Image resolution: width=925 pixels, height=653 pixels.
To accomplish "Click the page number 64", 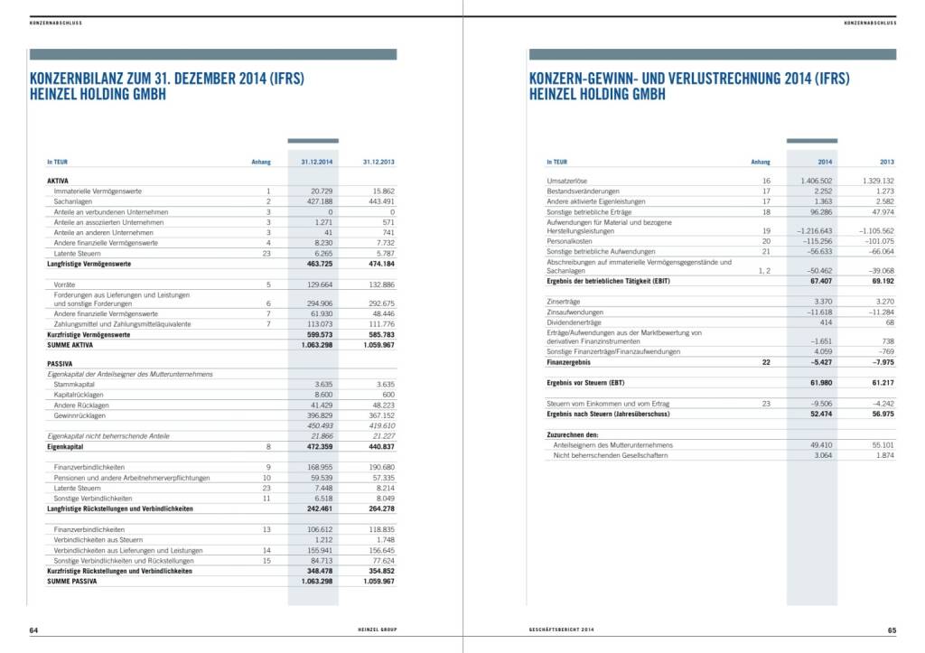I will click(x=33, y=630).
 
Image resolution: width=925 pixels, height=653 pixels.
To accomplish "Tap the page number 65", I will click(x=891, y=630).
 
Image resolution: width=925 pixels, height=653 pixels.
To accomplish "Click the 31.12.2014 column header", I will click(x=317, y=162).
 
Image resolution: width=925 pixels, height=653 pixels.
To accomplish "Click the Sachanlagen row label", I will click(x=73, y=201).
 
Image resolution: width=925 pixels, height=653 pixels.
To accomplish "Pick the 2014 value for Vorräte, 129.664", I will click(x=321, y=285).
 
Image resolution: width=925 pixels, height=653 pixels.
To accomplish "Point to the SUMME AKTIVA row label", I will click(x=71, y=344).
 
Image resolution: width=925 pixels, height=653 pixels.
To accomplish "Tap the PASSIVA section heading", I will click(x=60, y=363).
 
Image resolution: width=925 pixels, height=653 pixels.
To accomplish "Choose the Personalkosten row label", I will click(x=571, y=241).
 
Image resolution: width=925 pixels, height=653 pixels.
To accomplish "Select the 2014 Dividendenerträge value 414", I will click(x=825, y=322).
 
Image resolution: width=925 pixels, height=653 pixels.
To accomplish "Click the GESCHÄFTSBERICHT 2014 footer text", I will click(x=562, y=630).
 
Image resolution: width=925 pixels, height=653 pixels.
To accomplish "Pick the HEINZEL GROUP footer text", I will click(x=374, y=630).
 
